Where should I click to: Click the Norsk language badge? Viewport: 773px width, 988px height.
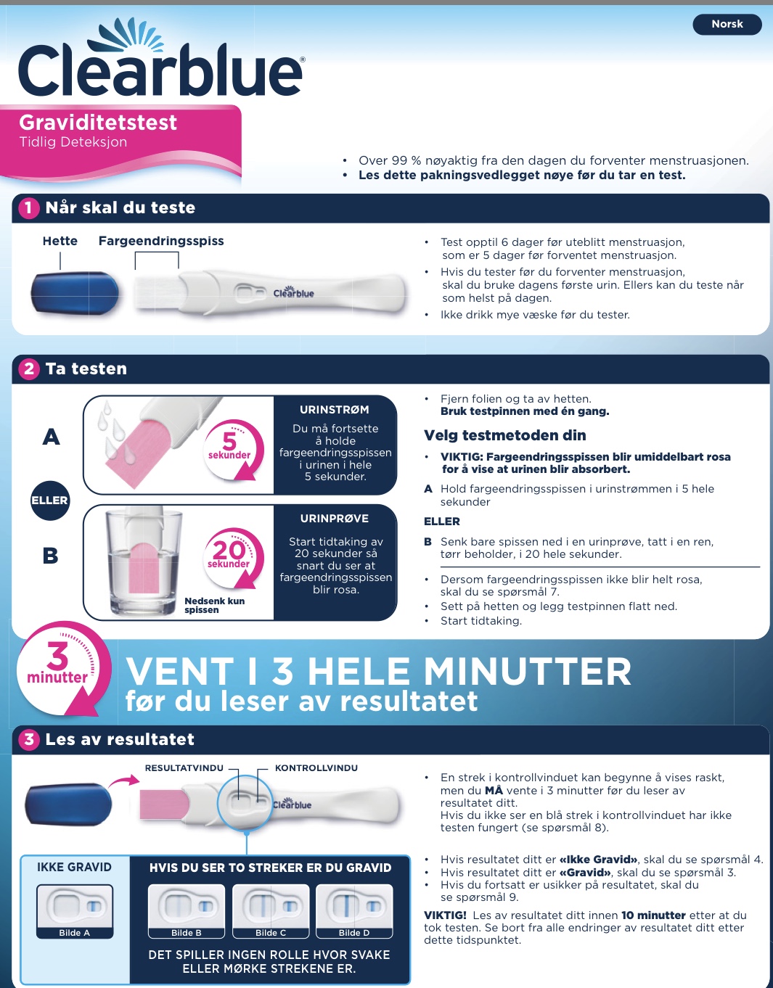pos(727,24)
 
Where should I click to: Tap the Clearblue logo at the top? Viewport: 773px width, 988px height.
pos(161,58)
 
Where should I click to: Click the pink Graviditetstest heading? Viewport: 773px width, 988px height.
pos(98,123)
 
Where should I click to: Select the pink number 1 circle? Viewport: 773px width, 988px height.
pos(28,207)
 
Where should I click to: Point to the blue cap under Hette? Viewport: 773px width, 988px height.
pos(75,293)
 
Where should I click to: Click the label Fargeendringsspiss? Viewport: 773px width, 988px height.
pos(161,241)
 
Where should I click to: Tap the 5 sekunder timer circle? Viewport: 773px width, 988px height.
pos(233,449)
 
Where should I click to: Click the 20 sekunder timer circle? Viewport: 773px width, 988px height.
pos(233,559)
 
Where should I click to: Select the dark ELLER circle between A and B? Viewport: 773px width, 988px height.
pos(50,501)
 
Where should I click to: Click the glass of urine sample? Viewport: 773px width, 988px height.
pos(143,562)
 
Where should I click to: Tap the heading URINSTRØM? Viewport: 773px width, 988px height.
pos(334,410)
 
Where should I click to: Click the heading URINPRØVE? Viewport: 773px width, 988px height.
pos(334,519)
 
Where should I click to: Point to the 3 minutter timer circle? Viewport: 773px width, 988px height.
pos(62,668)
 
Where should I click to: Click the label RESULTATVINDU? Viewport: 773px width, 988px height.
pos(184,768)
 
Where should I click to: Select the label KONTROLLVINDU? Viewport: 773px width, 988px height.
pos(316,768)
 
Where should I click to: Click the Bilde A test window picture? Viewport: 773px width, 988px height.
pos(75,907)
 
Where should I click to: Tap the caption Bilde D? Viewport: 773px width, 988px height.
pos(354,933)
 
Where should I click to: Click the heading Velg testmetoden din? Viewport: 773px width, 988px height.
pos(504,435)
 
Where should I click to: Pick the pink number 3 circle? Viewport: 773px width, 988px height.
pos(28,739)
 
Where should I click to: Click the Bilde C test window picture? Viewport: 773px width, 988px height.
pos(271,907)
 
